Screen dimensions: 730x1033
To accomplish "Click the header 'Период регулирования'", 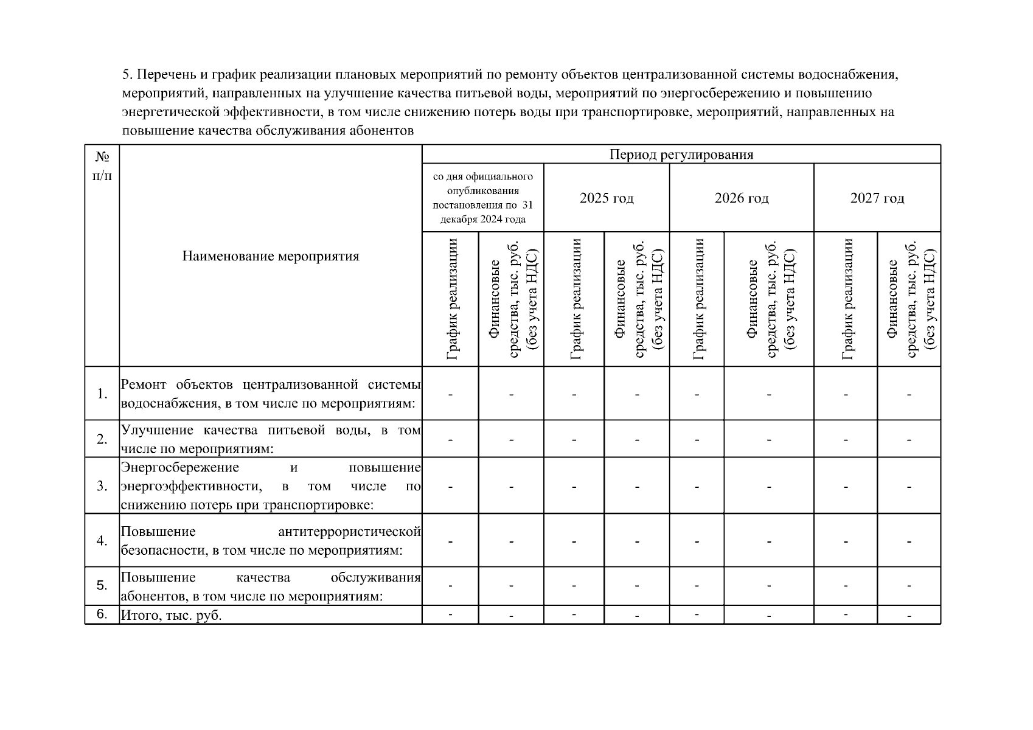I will click(x=681, y=155).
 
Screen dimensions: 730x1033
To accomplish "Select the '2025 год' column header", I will click(x=607, y=198).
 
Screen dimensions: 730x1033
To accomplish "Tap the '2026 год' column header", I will click(x=742, y=198).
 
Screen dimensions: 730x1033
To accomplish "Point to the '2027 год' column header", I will click(x=877, y=198).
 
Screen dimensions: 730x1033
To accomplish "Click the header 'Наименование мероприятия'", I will click(x=271, y=256).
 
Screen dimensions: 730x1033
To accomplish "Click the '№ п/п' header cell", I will click(x=102, y=166).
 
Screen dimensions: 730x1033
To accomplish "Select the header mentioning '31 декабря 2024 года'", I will click(x=482, y=198).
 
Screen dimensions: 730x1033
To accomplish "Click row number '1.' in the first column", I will click(x=102, y=394).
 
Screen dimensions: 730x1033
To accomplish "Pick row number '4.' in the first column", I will click(x=102, y=541).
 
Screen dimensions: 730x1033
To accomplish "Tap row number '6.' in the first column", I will click(x=102, y=614).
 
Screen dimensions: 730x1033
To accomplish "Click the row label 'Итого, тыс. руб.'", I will click(x=172, y=616).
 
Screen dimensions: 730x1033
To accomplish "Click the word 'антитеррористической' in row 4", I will click(x=349, y=532).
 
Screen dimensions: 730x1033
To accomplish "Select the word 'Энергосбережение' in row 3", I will click(x=180, y=468).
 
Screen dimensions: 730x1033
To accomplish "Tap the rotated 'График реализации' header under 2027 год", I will click(x=846, y=299).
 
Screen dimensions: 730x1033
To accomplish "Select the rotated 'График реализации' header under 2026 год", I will click(x=697, y=299).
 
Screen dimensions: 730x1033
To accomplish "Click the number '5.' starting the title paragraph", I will click(x=127, y=75).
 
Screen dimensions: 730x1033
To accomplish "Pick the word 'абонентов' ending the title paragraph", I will click(x=386, y=131).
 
